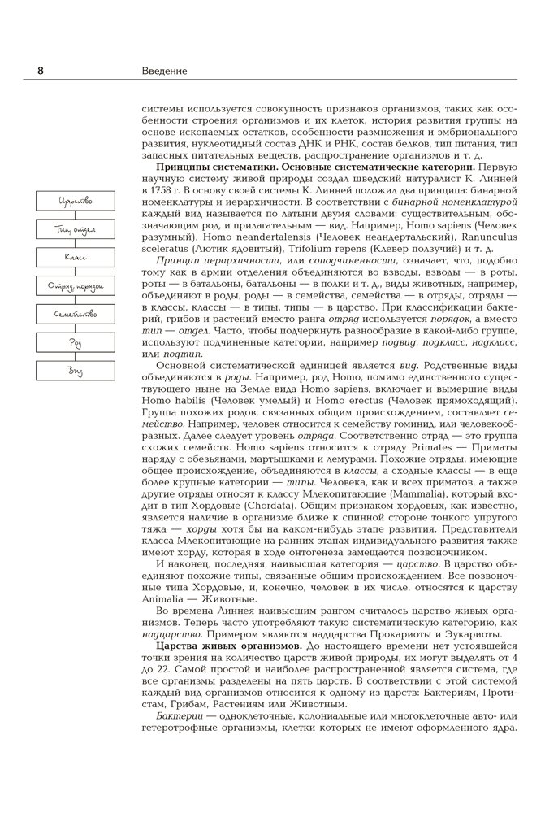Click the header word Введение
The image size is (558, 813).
165,71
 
